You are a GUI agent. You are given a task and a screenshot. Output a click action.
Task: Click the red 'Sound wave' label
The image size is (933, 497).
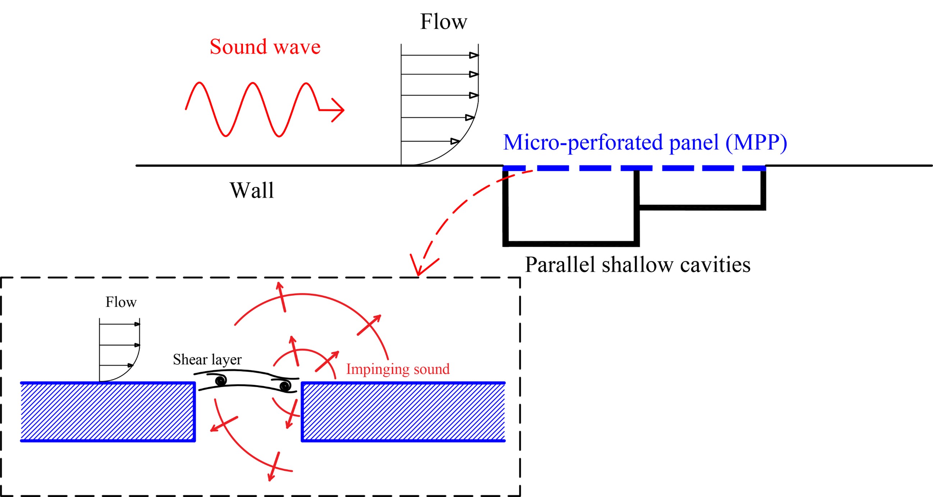coord(265,47)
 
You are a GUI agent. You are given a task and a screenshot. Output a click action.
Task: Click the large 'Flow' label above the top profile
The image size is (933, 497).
coord(443,22)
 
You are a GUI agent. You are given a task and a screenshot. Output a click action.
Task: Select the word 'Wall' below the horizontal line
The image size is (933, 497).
coord(252,190)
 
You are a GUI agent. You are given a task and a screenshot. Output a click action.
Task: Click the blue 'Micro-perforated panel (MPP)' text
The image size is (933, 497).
coord(645,142)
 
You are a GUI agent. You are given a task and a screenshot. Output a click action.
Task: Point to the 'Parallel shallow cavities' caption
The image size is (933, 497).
coord(638,265)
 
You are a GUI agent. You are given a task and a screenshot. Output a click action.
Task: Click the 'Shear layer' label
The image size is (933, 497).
coord(207,359)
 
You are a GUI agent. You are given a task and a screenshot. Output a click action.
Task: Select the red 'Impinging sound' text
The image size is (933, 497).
coord(398,369)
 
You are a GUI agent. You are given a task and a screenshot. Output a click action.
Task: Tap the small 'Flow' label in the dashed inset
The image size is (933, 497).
coord(121,302)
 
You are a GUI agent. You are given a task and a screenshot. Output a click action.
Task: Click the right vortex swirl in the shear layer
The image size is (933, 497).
coord(285,386)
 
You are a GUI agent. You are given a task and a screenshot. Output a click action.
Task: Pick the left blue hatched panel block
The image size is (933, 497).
coord(107,412)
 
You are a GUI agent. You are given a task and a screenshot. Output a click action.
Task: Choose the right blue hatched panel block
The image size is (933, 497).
coord(403,412)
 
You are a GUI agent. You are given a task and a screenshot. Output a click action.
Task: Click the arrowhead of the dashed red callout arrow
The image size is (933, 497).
coord(419,269)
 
